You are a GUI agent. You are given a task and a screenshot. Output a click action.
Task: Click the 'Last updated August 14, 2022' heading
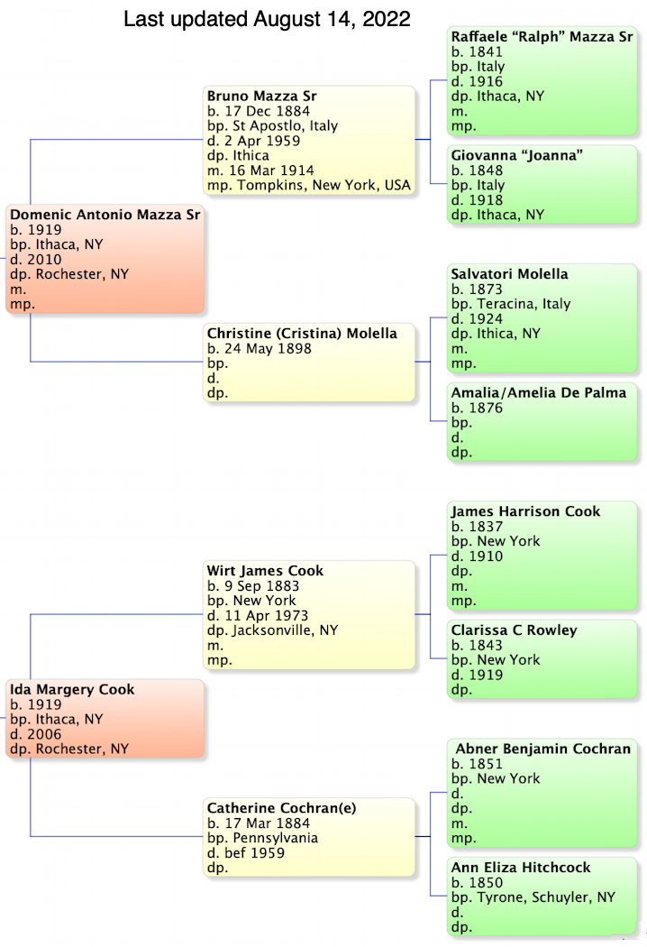pyautogui.click(x=267, y=19)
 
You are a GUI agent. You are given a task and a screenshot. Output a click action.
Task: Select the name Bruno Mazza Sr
pyautogui.click(x=261, y=96)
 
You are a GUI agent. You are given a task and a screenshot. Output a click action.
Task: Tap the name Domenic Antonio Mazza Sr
pyautogui.click(x=105, y=215)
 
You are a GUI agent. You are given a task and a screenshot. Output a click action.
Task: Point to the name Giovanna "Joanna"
pyautogui.click(x=517, y=155)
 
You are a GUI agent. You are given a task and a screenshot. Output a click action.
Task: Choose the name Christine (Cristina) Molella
pyautogui.click(x=302, y=334)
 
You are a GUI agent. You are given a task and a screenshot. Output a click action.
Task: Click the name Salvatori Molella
pyautogui.click(x=509, y=274)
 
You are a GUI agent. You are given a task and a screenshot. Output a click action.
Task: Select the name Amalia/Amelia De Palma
pyautogui.click(x=538, y=393)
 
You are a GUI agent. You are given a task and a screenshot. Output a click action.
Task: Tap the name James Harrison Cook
pyautogui.click(x=525, y=511)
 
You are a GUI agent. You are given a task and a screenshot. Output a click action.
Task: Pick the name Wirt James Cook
pyautogui.click(x=265, y=571)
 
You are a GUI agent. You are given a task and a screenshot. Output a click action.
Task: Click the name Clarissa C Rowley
pyautogui.click(x=514, y=630)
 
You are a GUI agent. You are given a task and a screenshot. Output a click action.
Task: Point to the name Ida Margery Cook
pyautogui.click(x=72, y=690)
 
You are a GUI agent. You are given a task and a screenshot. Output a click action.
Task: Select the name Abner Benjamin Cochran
pyautogui.click(x=542, y=749)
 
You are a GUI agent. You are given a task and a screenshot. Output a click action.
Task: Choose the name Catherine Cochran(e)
pyautogui.click(x=281, y=808)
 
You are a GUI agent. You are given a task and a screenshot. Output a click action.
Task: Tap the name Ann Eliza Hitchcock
pyautogui.click(x=521, y=868)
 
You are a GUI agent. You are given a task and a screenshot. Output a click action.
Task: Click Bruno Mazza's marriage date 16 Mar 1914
pyautogui.click(x=269, y=170)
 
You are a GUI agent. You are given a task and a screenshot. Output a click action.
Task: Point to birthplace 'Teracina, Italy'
pyautogui.click(x=522, y=304)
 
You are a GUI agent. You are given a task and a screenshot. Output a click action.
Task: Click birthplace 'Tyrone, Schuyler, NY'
pyautogui.click(x=542, y=897)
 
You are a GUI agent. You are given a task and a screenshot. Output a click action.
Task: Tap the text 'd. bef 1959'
pyautogui.click(x=246, y=852)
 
